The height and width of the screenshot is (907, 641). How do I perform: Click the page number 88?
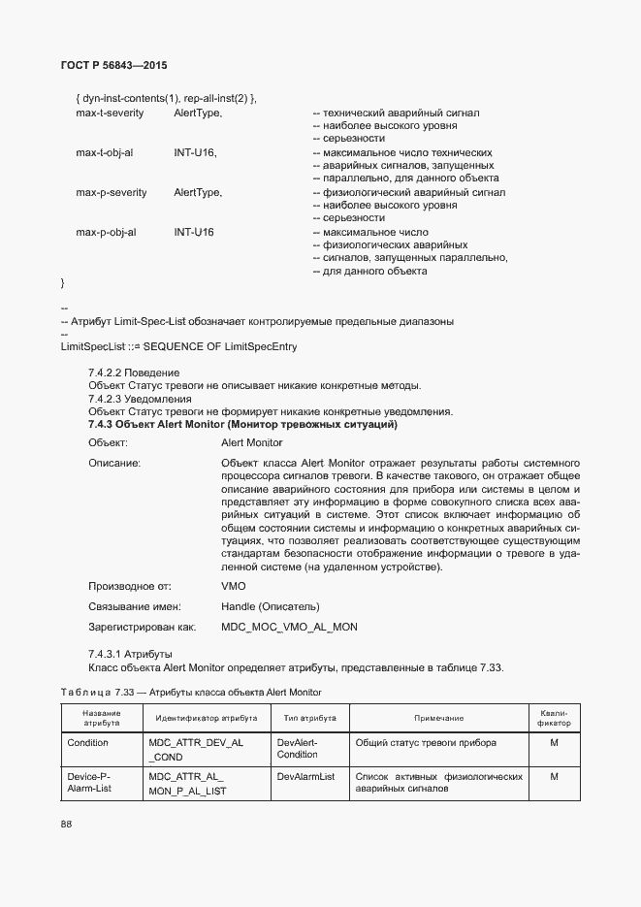click(66, 824)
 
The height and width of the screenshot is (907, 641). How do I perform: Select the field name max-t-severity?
click(111, 113)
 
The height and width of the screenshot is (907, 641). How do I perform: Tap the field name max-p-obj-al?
click(106, 233)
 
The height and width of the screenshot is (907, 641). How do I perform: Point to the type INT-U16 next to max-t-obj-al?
click(195, 153)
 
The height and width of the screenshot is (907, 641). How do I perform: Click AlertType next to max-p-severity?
click(198, 193)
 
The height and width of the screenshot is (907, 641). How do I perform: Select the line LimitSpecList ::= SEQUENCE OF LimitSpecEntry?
click(178, 346)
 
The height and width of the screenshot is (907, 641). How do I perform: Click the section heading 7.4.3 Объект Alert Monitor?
click(242, 425)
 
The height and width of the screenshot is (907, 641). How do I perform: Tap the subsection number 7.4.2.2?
click(108, 373)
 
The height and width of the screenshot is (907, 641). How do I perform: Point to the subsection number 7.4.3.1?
click(108, 654)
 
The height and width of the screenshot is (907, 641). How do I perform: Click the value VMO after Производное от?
click(234, 586)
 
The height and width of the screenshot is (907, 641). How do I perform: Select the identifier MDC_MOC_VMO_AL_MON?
click(289, 627)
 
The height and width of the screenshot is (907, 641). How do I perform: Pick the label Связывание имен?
click(135, 606)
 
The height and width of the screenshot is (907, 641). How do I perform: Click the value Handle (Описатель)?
click(272, 606)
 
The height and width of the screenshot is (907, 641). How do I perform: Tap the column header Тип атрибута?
click(309, 718)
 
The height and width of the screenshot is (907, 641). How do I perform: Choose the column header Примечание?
click(438, 718)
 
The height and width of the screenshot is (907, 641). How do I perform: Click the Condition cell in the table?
click(87, 743)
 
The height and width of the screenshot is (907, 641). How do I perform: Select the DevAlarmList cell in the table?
click(305, 777)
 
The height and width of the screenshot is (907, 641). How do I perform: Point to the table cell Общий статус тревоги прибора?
click(426, 743)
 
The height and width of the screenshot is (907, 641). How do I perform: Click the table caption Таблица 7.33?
click(191, 692)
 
